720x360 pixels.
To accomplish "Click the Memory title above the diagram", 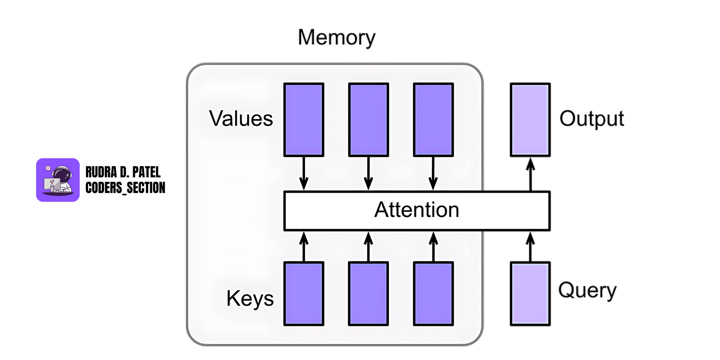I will [336, 37].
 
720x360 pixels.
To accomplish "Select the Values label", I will [241, 119].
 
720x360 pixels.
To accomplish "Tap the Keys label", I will [250, 298].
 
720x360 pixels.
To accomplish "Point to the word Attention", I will [417, 210].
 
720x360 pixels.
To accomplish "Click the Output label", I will [591, 119].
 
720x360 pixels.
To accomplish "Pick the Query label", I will [587, 290].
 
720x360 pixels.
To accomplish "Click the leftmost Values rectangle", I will [304, 120].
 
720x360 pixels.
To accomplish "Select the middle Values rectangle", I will [369, 120].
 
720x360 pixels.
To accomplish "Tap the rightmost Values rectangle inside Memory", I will [433, 120].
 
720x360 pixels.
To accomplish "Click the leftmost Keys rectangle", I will [304, 293].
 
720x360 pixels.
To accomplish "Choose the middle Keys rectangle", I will [369, 293].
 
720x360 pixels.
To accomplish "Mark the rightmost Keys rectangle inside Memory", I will [433, 293].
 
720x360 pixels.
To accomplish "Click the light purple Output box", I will [530, 120].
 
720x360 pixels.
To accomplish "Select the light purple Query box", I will [530, 293].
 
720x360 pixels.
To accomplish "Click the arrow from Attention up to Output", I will [531, 174].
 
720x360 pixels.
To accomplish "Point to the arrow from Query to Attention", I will [531, 247].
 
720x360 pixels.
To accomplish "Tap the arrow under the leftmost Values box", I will [304, 174].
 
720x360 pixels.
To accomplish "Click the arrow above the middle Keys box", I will [369, 247].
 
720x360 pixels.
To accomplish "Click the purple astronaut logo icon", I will [58, 180].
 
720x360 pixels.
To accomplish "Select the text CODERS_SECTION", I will [125, 188].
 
